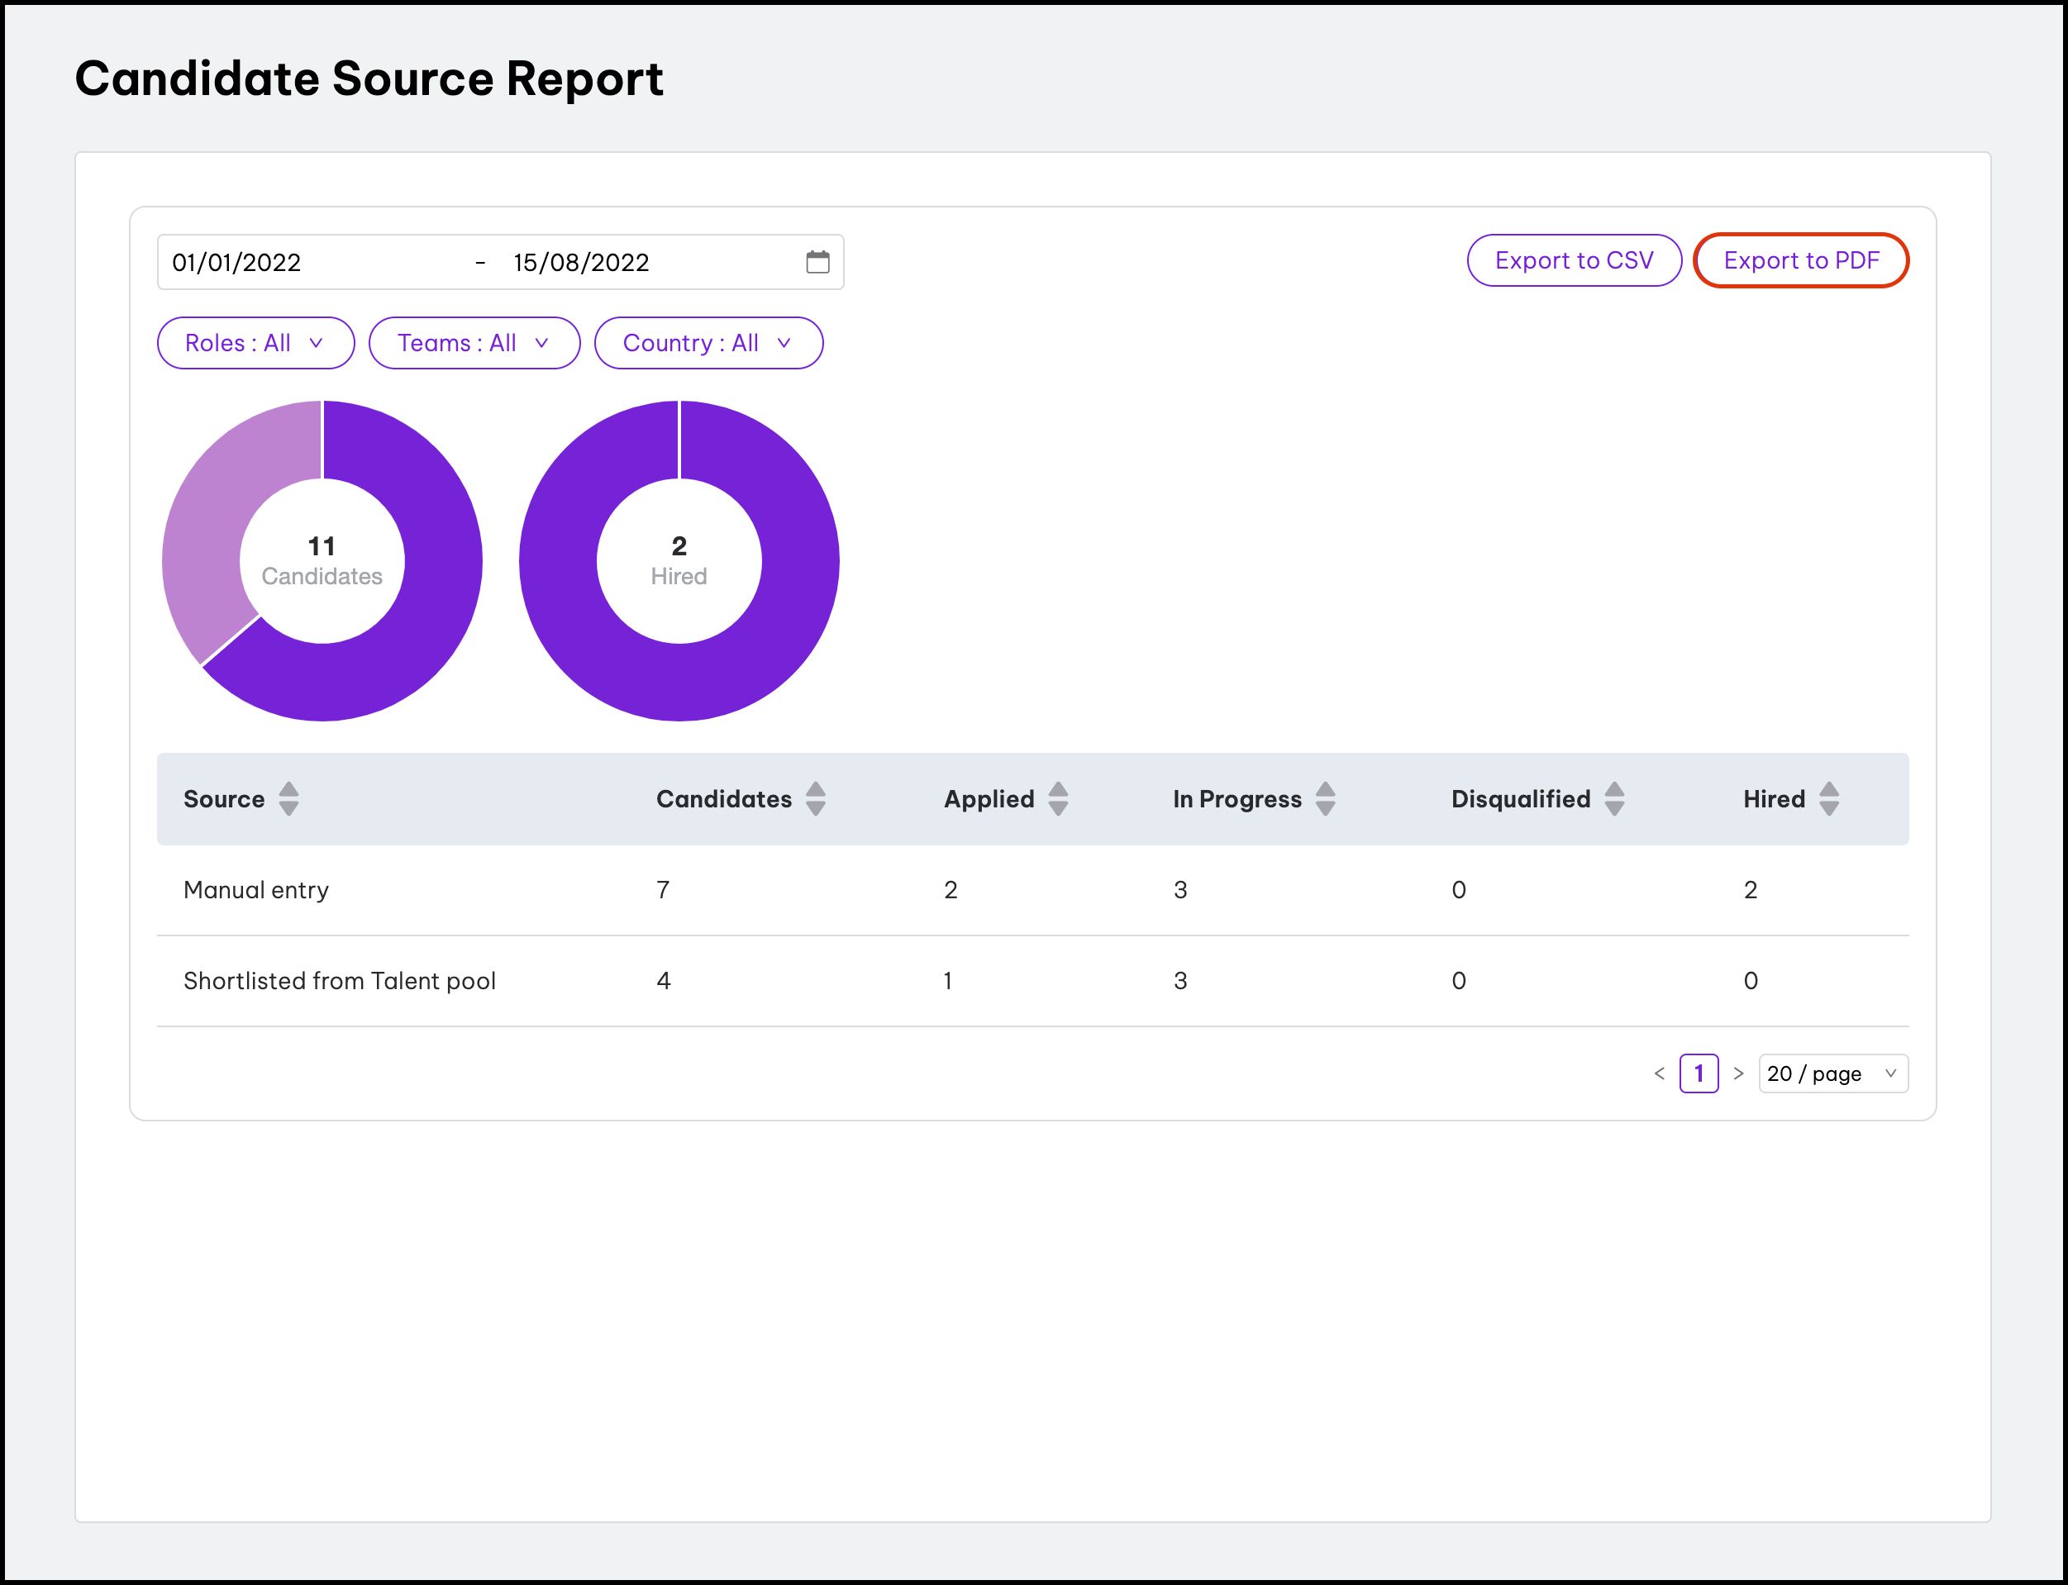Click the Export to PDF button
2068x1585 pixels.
click(1800, 260)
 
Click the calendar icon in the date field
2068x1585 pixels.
click(817, 261)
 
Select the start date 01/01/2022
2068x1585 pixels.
click(236, 262)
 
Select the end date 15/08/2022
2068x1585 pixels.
click(581, 262)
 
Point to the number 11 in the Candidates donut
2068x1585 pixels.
click(322, 545)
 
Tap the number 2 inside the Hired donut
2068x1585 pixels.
click(679, 545)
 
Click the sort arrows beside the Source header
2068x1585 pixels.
click(288, 798)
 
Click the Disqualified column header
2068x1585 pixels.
click(1520, 798)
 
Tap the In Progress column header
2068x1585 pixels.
click(1236, 798)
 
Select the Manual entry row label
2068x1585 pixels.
click(255, 890)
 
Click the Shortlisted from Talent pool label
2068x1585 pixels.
click(340, 980)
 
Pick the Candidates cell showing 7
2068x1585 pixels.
click(663, 890)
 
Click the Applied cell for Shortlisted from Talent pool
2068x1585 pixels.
click(948, 980)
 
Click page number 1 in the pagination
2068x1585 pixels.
click(1699, 1073)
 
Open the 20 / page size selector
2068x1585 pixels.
click(1832, 1073)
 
